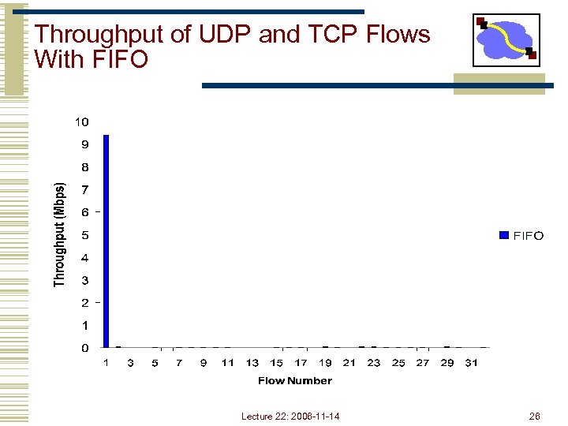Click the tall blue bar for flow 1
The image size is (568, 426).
(x=106, y=241)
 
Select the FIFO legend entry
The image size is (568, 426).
(x=521, y=235)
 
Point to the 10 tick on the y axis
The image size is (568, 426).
(x=82, y=121)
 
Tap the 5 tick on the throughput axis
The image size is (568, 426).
(x=84, y=235)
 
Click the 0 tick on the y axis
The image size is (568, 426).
(x=84, y=348)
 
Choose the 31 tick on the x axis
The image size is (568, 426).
(x=471, y=363)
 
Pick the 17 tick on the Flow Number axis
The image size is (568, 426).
(x=301, y=363)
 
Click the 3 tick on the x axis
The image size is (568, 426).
(x=130, y=363)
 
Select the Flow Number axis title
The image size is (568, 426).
(x=295, y=381)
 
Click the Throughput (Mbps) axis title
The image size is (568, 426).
(x=59, y=235)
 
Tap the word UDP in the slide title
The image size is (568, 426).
(x=209, y=35)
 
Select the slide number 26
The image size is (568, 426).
(x=534, y=416)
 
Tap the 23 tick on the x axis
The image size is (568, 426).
(x=374, y=363)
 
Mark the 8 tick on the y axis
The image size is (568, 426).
(x=84, y=167)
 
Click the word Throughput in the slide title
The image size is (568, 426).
(x=94, y=35)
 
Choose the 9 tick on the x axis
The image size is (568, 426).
(x=204, y=363)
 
